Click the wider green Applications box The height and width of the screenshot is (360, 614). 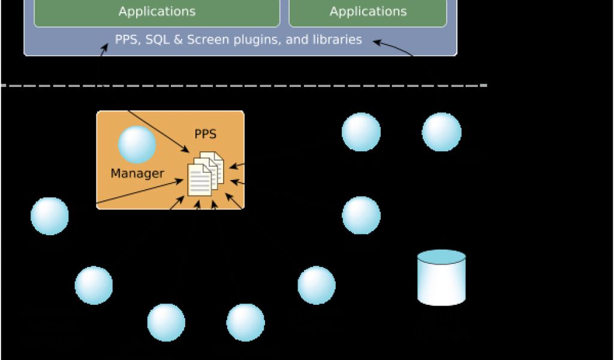click(x=156, y=12)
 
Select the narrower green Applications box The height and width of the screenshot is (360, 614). click(x=368, y=12)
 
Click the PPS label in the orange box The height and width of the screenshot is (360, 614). click(x=205, y=134)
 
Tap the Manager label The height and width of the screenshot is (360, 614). click(x=137, y=173)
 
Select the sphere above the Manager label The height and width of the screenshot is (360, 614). click(x=137, y=145)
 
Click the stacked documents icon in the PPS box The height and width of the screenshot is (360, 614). click(x=205, y=173)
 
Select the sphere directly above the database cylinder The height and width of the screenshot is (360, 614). click(x=441, y=132)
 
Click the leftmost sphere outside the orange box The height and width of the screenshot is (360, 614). click(x=50, y=216)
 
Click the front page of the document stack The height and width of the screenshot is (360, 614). click(x=200, y=180)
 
